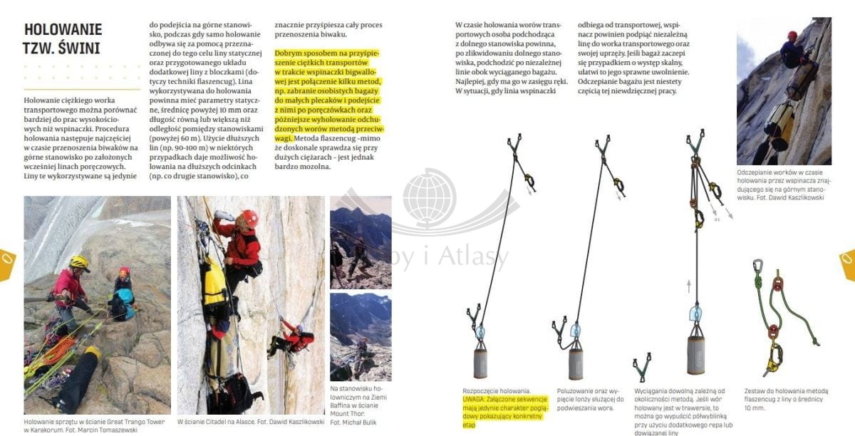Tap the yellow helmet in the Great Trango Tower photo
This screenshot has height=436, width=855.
78,263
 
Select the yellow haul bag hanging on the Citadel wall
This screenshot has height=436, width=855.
214,281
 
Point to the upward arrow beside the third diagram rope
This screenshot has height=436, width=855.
689,287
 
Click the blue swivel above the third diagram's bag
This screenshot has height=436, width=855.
695,314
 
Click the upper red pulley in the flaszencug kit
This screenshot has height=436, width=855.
778,285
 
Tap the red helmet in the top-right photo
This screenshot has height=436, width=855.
792,35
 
